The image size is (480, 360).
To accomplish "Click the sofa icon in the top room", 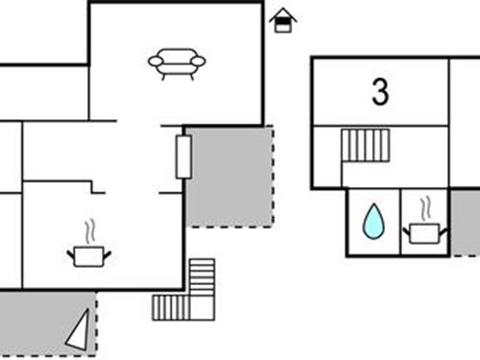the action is [x=177, y=62].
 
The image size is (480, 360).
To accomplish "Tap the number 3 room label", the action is [x=381, y=92].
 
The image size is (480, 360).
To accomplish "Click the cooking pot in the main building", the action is [x=88, y=255].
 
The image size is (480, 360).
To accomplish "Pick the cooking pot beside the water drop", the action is [x=423, y=233].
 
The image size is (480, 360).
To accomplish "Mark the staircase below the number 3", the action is [x=366, y=146].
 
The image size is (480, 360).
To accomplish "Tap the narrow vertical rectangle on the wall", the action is [x=183, y=156].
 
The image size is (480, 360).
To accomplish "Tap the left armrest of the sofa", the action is [x=155, y=61].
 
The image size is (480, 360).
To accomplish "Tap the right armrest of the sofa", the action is [x=199, y=60].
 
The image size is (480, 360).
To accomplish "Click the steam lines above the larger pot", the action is [x=89, y=231].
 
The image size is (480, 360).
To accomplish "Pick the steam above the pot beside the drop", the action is [x=423, y=208].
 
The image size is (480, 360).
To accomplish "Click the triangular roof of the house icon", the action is [x=282, y=13].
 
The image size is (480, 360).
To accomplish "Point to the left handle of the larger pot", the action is [x=70, y=252].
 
